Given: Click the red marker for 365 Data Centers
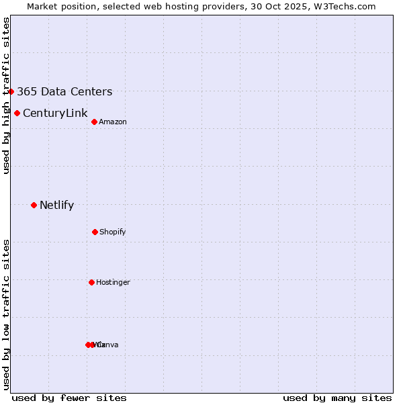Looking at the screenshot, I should (x=11, y=91).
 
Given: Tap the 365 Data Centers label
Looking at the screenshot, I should (x=64, y=92).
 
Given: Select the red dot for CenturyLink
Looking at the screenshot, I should (x=17, y=113).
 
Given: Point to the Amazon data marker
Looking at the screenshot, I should (x=94, y=122).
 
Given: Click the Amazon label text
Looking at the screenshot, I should (x=113, y=122).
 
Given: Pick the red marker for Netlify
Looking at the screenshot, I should (x=34, y=205).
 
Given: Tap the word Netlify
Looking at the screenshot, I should (x=56, y=206).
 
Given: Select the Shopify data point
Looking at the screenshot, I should (x=95, y=232).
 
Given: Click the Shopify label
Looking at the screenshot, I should (x=113, y=232).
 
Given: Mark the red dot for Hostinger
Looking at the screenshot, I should (x=91, y=282).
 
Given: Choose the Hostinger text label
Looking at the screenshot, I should (x=113, y=282).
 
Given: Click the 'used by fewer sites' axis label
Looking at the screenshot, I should (x=69, y=398).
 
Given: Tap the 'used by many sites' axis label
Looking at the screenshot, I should (x=337, y=398).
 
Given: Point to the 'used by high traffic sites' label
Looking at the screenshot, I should (x=6, y=95).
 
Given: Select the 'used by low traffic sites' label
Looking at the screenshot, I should (x=6, y=314).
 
